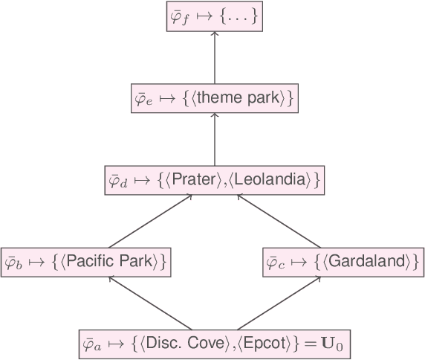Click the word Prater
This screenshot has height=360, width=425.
pos(190,180)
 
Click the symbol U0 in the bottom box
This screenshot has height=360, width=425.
pos(331,345)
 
